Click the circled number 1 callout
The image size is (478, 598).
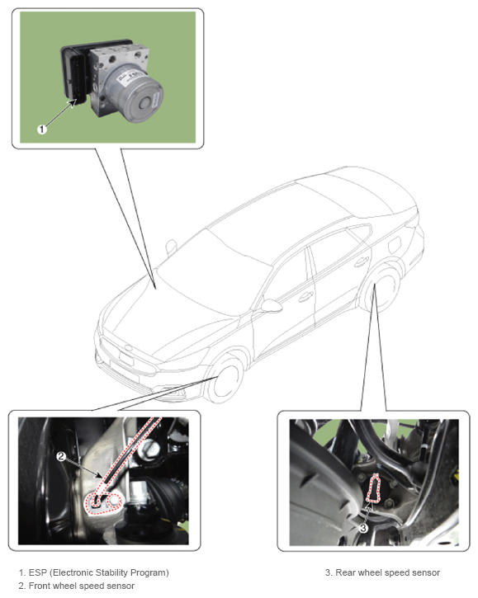42,129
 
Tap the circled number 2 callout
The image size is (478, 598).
61,456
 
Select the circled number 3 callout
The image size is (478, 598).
363,528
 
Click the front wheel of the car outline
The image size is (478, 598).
226,380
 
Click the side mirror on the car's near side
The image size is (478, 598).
270,305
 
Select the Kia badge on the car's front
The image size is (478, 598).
129,348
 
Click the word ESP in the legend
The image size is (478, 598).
38,572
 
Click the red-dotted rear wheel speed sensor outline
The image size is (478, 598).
373,488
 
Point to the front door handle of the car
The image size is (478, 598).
305,296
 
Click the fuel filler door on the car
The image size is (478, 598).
394,244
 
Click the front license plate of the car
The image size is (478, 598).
126,359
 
